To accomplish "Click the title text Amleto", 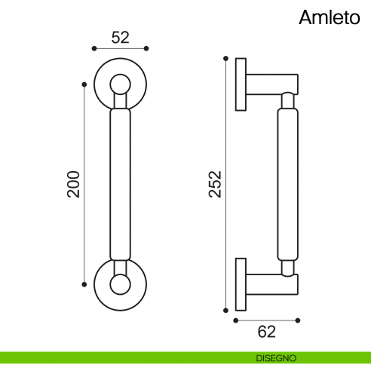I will click(x=330, y=17).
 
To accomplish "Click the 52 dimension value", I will click(x=120, y=36).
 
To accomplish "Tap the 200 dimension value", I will click(x=73, y=184).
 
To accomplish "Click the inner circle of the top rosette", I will click(x=120, y=84).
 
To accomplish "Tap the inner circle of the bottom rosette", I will click(x=120, y=284).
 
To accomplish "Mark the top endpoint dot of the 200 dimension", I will click(x=84, y=84).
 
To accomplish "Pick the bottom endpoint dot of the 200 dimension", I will click(x=84, y=284).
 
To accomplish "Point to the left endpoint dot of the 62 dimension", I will click(x=236, y=320).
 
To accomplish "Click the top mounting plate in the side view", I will click(x=241, y=84).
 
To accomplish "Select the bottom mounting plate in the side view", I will click(x=241, y=284).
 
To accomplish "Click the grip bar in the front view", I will click(x=120, y=184).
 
